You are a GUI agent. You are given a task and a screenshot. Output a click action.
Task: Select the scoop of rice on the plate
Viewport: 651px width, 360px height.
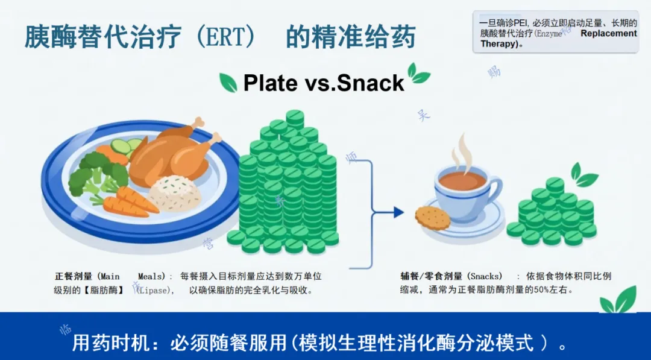click(174, 194)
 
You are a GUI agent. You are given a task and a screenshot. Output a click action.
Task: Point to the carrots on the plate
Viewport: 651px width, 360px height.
click(130, 202)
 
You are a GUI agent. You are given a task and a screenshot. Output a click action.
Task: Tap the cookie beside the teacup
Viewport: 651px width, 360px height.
click(432, 217)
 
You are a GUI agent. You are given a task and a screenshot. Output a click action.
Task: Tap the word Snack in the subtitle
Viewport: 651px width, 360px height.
click(370, 83)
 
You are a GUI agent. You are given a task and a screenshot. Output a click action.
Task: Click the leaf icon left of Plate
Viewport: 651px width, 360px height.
click(228, 82)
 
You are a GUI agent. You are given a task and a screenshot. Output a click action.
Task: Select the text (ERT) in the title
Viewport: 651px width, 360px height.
click(225, 37)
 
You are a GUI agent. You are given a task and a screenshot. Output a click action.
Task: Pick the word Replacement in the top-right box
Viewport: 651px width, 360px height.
click(608, 34)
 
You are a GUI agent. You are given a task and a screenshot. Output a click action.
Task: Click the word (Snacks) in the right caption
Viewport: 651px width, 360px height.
click(485, 276)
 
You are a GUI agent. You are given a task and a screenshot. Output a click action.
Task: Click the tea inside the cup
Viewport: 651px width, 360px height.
click(462, 180)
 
